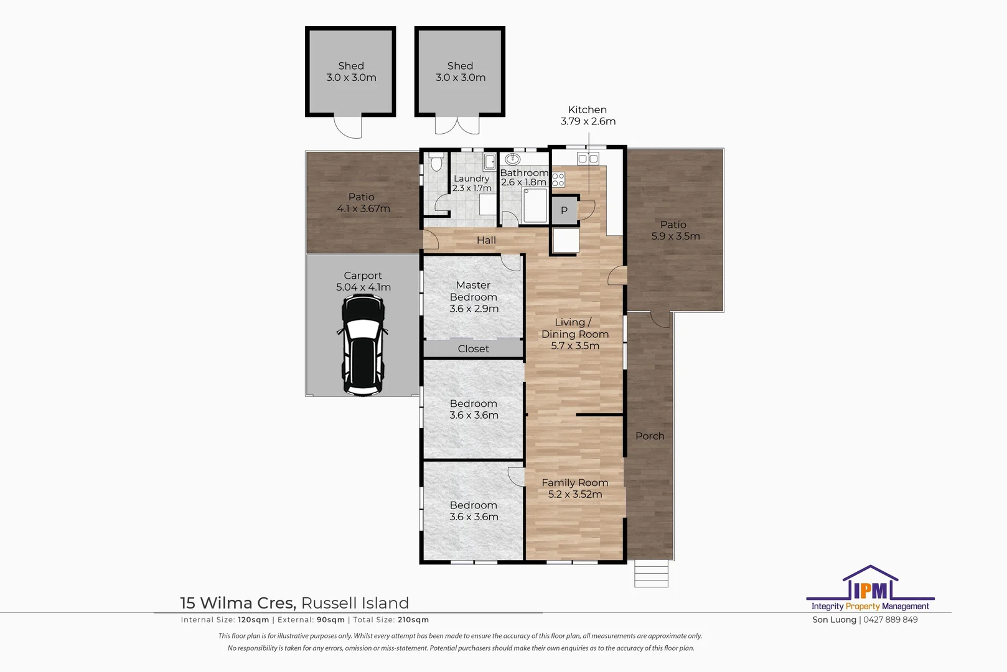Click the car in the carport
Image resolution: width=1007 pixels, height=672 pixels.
[x=363, y=345]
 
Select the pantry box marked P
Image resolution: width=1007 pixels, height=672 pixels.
[x=564, y=210]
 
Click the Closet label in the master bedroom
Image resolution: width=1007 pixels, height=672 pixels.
[x=473, y=348]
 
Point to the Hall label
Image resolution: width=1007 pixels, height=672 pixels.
[x=486, y=240]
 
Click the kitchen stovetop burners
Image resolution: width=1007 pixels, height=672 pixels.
[x=558, y=180]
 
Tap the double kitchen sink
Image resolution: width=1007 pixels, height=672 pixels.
[x=588, y=159]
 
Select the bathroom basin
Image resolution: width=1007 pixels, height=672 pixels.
[x=513, y=159]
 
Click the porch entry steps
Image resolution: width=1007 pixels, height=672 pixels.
[x=651, y=574]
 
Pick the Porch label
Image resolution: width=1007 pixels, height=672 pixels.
[x=650, y=436]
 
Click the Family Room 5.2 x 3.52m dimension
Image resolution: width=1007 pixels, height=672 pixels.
[x=575, y=495]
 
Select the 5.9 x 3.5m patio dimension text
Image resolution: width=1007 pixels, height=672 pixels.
[x=675, y=236]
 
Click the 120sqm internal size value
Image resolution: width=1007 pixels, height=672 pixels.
[x=253, y=620]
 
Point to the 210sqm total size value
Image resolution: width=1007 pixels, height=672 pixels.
[x=413, y=620]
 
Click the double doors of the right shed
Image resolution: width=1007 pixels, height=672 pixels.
[x=457, y=125]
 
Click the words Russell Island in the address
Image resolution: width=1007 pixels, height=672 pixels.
[x=355, y=603]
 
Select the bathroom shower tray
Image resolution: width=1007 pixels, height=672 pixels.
[x=535, y=205]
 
